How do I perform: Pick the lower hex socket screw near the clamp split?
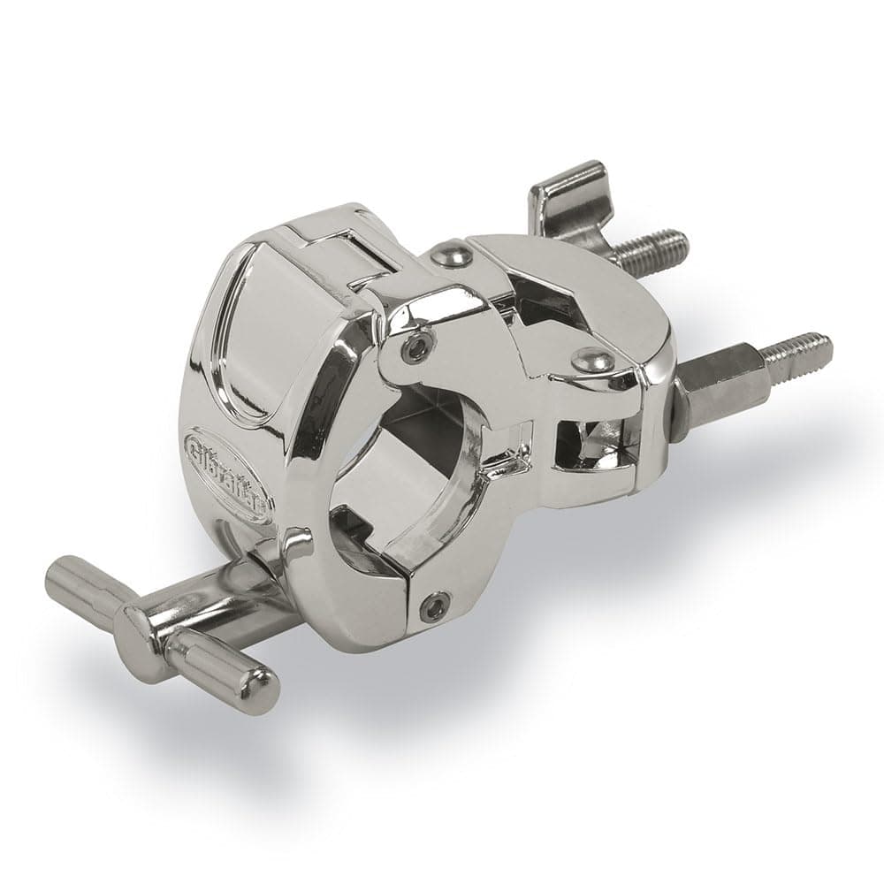point(435,606)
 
